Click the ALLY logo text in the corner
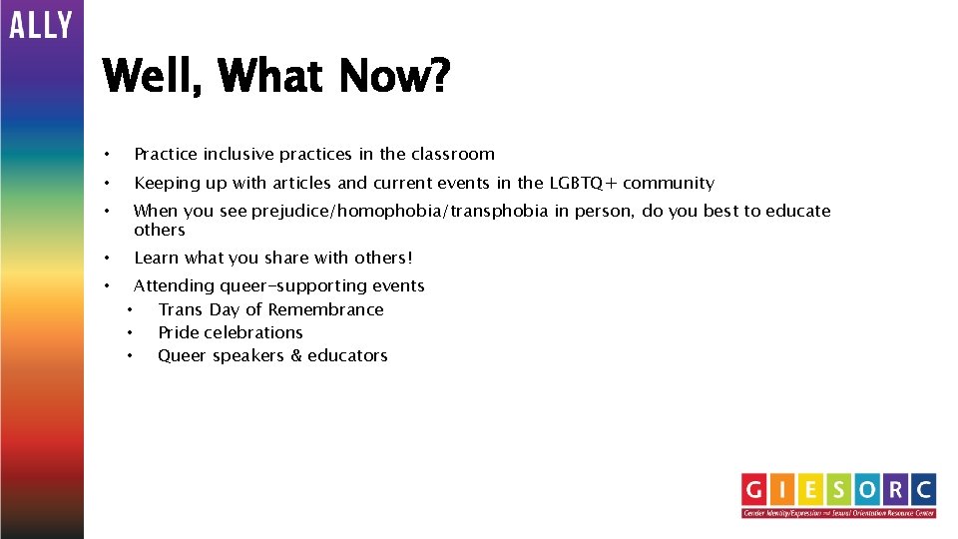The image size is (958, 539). [41, 24]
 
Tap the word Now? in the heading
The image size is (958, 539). [394, 76]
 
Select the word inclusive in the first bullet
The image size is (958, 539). [239, 154]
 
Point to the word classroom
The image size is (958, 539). [452, 154]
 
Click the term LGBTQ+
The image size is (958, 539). [583, 183]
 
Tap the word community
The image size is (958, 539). [669, 183]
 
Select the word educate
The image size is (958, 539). [796, 211]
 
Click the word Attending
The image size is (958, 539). [174, 285]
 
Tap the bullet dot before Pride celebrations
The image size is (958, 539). [130, 332]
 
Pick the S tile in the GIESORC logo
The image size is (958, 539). [839, 489]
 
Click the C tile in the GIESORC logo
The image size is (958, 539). [922, 489]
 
